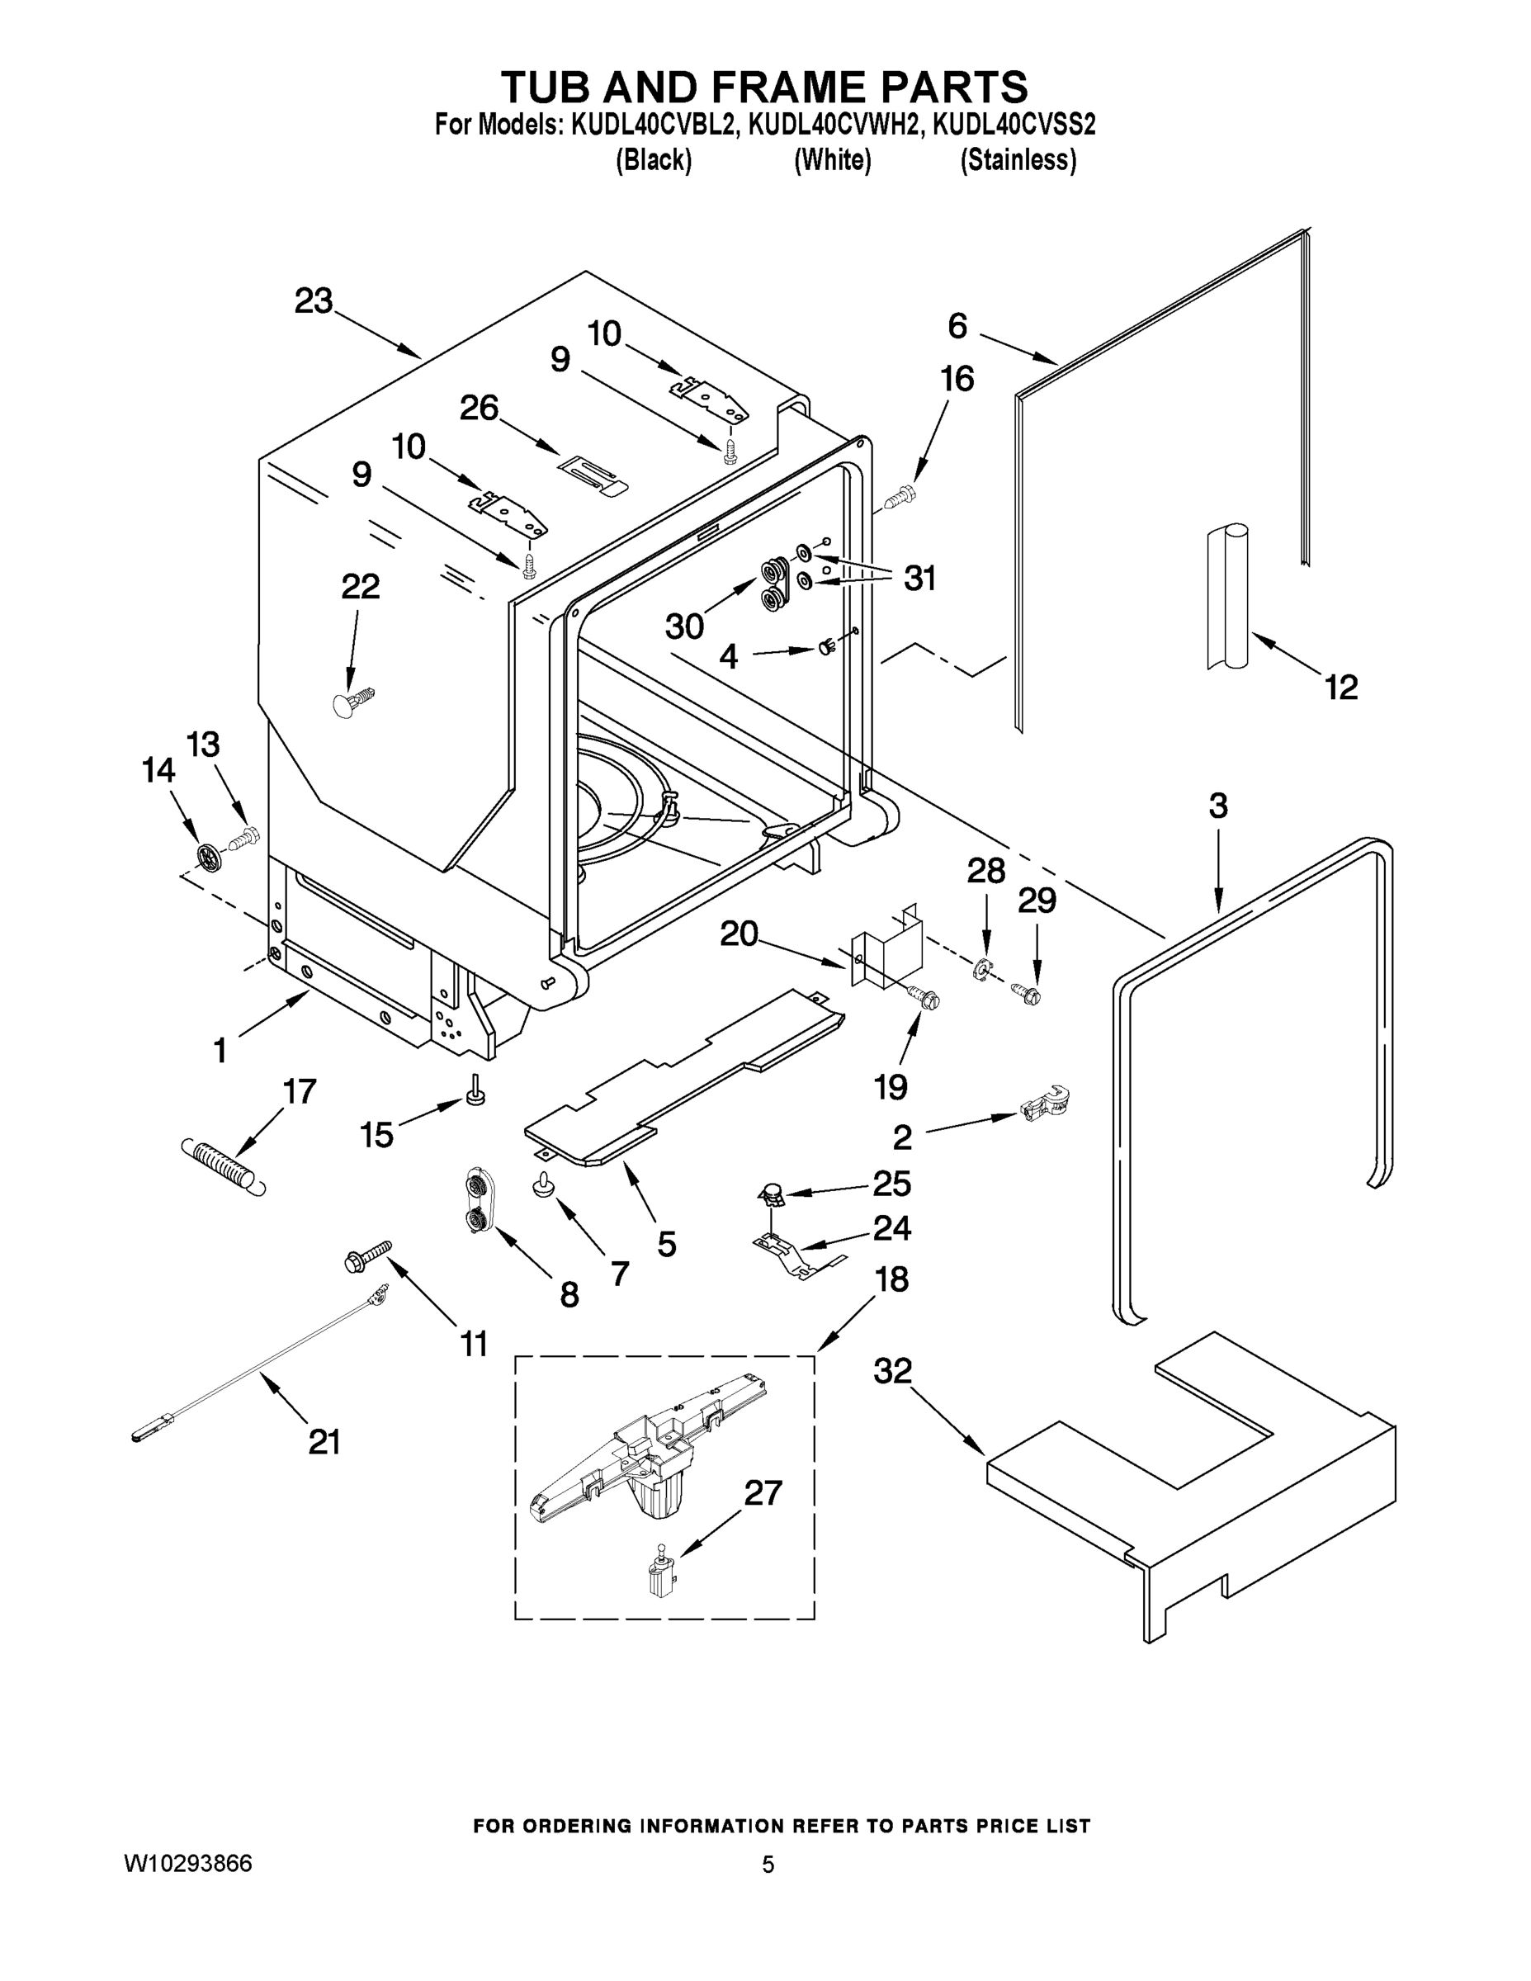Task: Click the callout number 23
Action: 314,301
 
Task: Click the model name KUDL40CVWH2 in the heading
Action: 833,123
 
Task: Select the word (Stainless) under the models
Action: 1018,161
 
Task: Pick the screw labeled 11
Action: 366,1255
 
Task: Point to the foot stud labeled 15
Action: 475,1093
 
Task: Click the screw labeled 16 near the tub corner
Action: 900,496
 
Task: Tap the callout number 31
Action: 919,578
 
